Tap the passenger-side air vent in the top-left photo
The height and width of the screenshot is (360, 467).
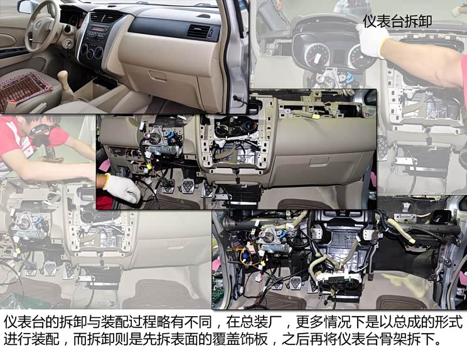(199, 32)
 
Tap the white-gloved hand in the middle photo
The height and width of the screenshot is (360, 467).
(122, 188)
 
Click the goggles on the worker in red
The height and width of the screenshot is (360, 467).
(44, 130)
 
